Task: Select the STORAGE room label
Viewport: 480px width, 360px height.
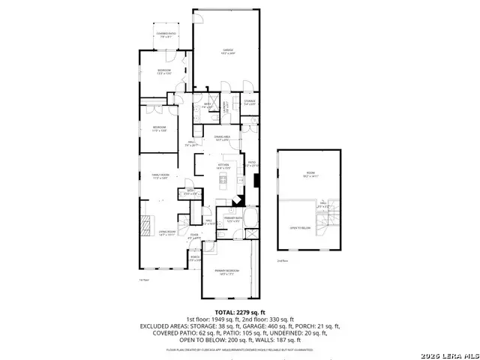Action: pyautogui.click(x=250, y=100)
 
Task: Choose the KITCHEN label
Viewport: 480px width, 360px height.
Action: pyautogui.click(x=223, y=165)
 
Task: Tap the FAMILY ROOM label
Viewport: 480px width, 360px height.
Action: pyautogui.click(x=151, y=175)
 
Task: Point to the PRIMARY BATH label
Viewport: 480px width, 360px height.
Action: pyautogui.click(x=231, y=219)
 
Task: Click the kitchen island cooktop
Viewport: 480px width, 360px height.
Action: pyautogui.click(x=223, y=178)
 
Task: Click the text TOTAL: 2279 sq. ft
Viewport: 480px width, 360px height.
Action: pyautogui.click(x=239, y=311)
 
